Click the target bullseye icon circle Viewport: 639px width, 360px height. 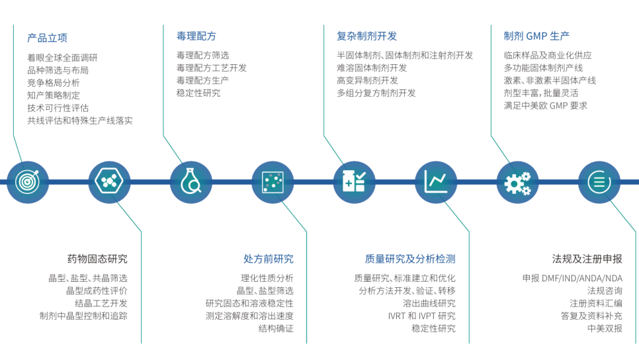point(28,182)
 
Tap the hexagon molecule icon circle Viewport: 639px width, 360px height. point(109,182)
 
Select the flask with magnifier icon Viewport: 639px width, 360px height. point(191,182)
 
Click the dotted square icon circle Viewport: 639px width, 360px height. point(273,182)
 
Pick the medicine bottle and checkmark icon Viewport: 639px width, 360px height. point(354,182)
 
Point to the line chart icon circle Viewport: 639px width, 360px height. point(436,182)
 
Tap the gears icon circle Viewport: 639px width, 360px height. point(517,182)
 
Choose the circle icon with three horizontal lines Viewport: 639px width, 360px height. point(599,182)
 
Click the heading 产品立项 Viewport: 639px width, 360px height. point(47,38)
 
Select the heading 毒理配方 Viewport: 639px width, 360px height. point(196,36)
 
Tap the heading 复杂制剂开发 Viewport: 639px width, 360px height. point(366,36)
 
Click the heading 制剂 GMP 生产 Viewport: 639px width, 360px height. point(536,36)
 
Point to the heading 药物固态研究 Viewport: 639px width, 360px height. point(97,259)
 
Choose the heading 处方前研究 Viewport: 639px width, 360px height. point(269,259)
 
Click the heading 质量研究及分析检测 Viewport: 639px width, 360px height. point(410,259)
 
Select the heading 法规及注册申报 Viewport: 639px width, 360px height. point(587,259)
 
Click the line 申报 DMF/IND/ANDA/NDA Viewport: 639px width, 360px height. point(573,279)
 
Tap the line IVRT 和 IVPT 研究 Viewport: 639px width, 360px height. point(422,316)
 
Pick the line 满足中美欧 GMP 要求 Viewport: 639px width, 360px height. point(545,106)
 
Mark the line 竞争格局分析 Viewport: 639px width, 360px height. point(54,83)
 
